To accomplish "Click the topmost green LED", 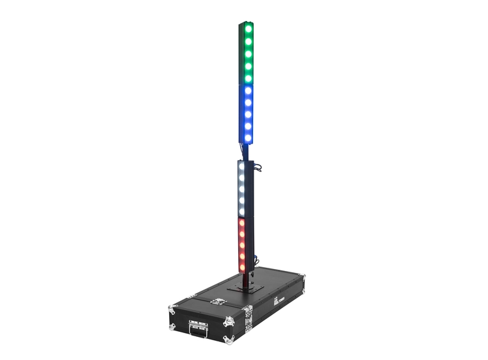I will (248, 30).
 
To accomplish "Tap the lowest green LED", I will (248, 76).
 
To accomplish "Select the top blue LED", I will (248, 92).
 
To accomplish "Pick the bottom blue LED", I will (248, 136).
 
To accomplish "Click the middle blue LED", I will (248, 114).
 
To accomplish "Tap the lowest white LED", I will (242, 211).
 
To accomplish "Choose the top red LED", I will (242, 225).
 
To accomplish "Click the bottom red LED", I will (242, 265).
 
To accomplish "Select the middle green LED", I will (248, 53).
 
